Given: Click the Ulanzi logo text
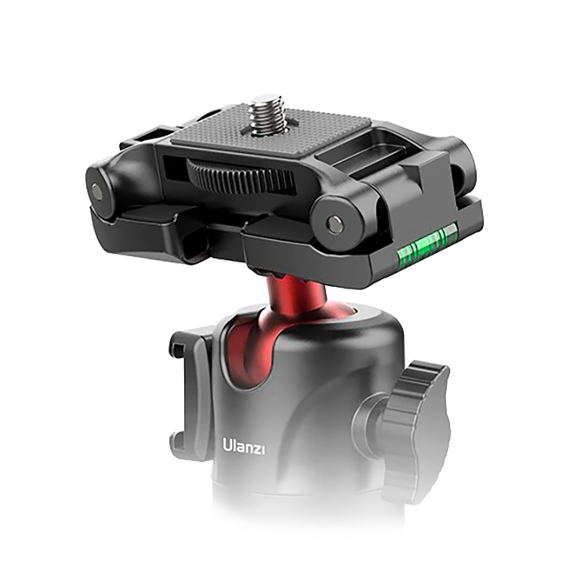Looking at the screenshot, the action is point(244,446).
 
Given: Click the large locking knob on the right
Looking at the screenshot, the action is point(416,423).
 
